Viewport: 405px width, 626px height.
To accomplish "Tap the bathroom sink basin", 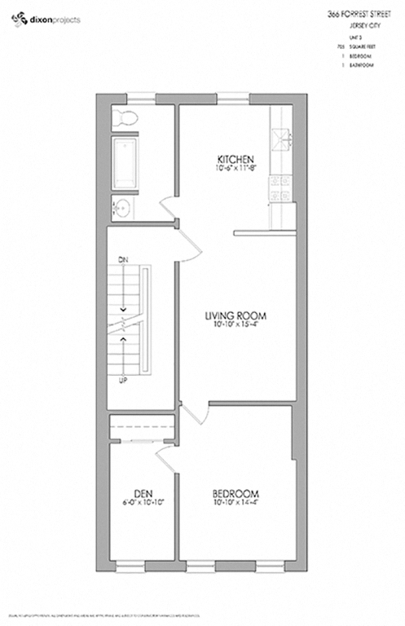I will pos(122,206).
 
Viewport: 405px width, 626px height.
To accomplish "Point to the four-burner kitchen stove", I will pos(282,186).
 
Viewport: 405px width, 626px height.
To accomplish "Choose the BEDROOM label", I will pos(236,494).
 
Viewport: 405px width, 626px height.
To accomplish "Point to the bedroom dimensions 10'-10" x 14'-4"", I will pos(236,504).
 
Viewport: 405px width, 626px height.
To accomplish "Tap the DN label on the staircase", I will pos(123,260).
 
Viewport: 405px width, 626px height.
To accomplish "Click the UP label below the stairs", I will pos(123,381).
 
